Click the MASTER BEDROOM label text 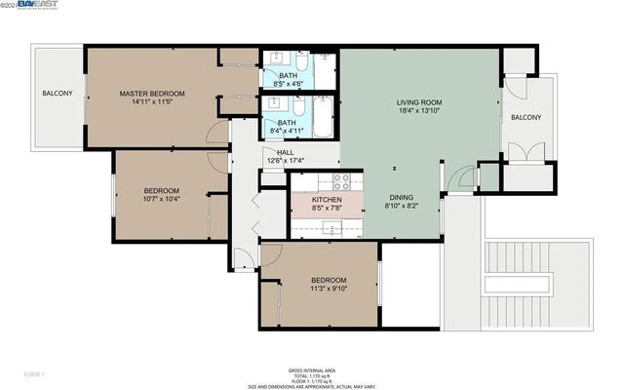[x=152, y=94]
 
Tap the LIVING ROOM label [x=419, y=102]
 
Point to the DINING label [x=403, y=196]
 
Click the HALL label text [x=285, y=152]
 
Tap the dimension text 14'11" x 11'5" [x=152, y=103]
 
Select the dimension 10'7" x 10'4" [x=162, y=199]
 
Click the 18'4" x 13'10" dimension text [x=419, y=112]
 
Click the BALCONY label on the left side [x=57, y=94]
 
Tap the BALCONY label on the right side [x=526, y=117]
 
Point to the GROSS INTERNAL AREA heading [x=312, y=370]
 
